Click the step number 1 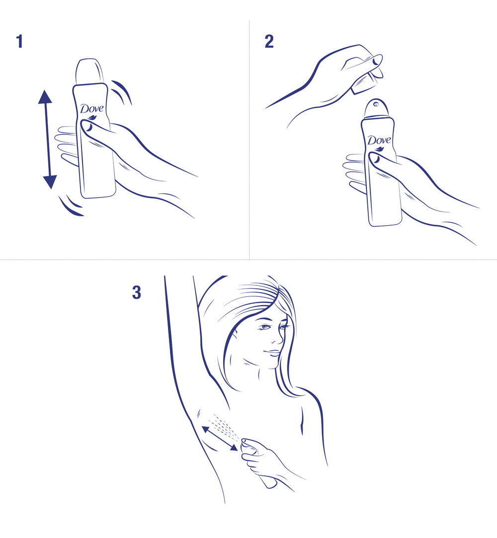(x=20, y=42)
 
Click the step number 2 (x=269, y=42)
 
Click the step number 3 (x=136, y=293)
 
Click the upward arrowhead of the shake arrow (x=45, y=97)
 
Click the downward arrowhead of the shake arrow (x=50, y=182)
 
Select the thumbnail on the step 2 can (x=375, y=159)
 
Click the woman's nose (x=279, y=340)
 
